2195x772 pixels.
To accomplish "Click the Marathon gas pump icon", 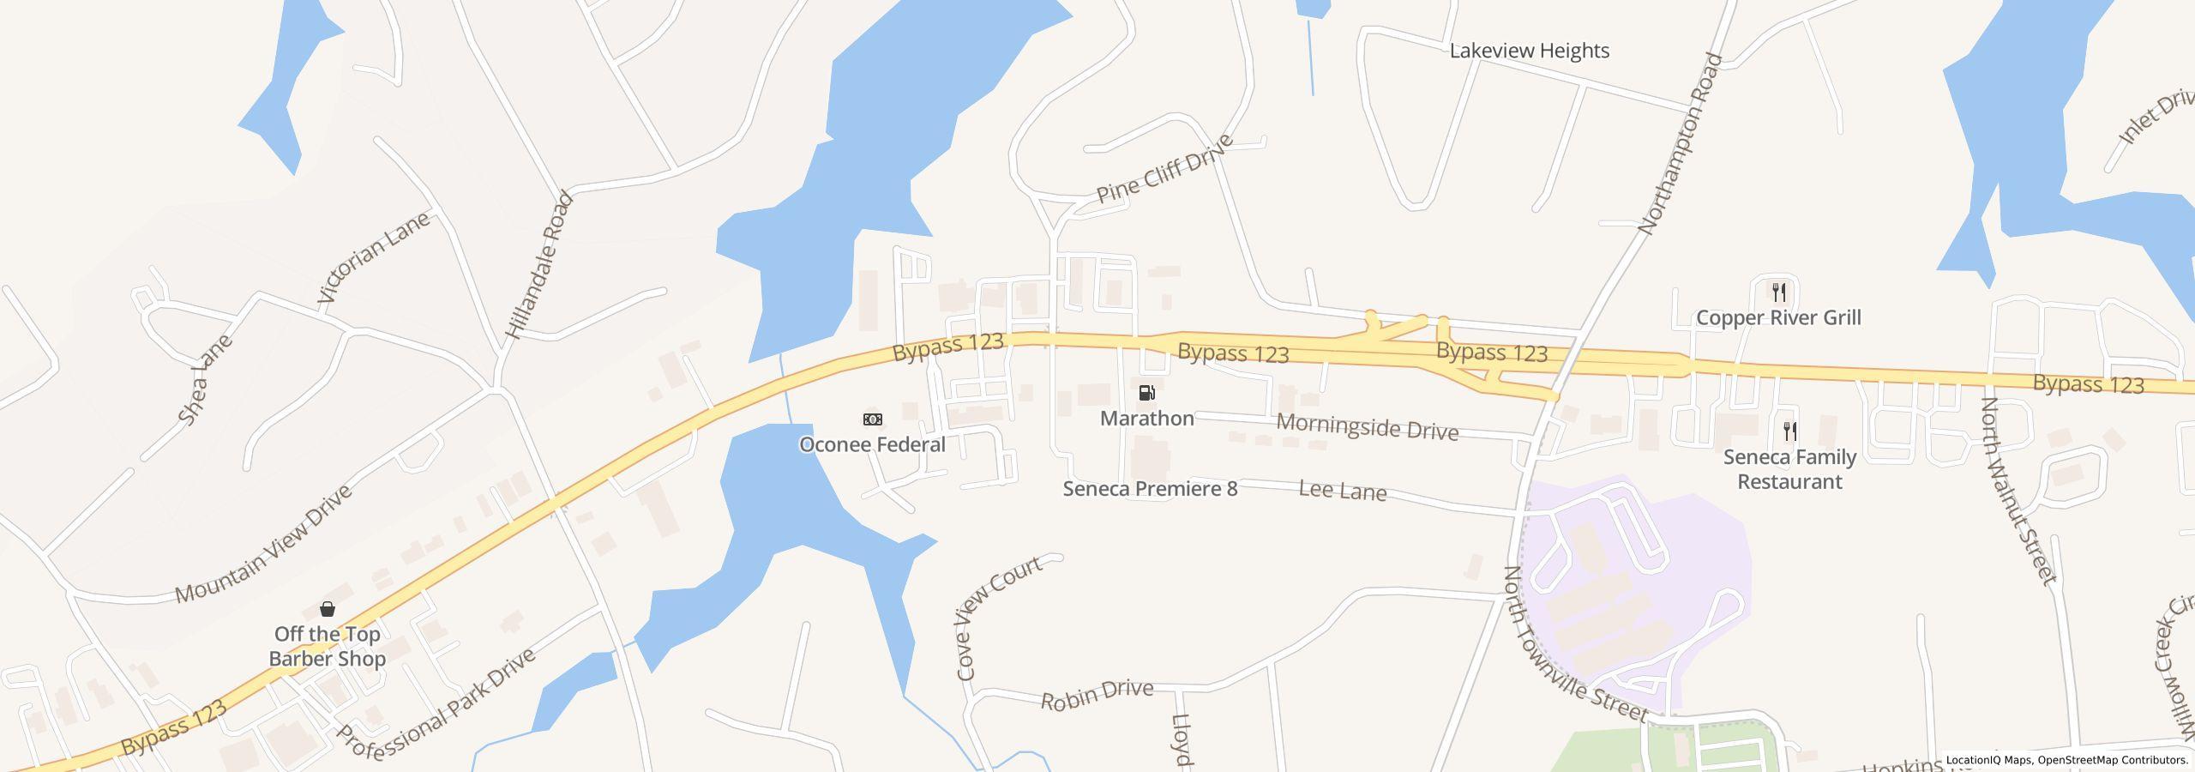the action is coord(1146,393).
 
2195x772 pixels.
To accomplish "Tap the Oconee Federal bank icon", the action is coord(872,419).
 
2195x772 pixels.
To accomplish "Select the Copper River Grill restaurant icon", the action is coord(1779,293).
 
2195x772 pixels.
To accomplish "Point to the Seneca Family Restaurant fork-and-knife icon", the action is coord(1789,431).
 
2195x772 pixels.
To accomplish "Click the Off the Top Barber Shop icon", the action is coord(328,610).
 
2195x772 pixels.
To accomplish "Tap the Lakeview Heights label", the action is coord(1529,51).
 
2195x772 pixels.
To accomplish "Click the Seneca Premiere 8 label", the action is coord(1150,489).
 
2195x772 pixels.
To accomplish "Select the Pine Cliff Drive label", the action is coord(1164,169).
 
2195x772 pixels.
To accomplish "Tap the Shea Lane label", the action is coord(205,379).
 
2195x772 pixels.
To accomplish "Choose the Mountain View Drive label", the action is coord(263,545).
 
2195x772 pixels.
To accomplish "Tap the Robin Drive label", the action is coord(1097,695).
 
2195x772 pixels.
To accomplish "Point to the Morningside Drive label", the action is coord(1367,425).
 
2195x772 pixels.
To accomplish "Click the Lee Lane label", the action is coord(1343,491).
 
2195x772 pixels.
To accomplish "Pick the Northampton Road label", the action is coord(1680,144).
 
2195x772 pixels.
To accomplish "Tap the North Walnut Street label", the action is coord(2018,491).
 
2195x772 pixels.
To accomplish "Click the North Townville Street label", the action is coord(1574,645).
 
